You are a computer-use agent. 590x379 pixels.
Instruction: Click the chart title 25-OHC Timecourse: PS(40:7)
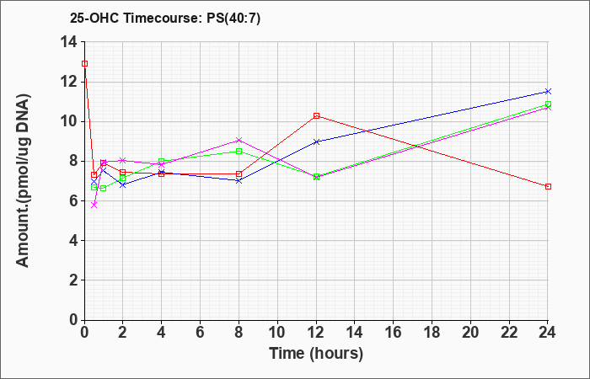165,18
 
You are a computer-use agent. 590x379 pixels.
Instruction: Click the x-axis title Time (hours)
316,354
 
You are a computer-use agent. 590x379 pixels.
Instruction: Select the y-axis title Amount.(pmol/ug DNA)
23,180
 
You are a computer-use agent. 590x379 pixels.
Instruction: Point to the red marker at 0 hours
84,63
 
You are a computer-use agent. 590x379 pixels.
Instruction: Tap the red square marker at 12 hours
316,116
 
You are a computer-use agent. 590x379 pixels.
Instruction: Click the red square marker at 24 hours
548,186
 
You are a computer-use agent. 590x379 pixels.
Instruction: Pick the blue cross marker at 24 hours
548,91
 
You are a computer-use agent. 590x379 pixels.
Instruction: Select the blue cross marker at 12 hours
316,141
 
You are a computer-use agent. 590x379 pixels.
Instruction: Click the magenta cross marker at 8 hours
239,141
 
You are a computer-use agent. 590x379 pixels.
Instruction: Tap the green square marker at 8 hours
239,151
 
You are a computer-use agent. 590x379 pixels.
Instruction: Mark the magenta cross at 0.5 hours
94,205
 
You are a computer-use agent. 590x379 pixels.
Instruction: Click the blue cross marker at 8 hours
239,180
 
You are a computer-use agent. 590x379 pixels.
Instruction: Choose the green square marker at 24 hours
548,104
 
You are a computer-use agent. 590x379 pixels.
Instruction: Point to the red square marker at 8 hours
239,173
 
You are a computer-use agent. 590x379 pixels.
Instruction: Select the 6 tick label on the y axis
73,200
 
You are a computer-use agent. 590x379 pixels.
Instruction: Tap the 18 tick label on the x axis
432,333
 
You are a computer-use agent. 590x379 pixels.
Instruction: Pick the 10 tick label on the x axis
277,333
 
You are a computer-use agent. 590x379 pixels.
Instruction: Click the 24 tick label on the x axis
547,333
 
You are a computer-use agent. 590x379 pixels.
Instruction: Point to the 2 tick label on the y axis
73,280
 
